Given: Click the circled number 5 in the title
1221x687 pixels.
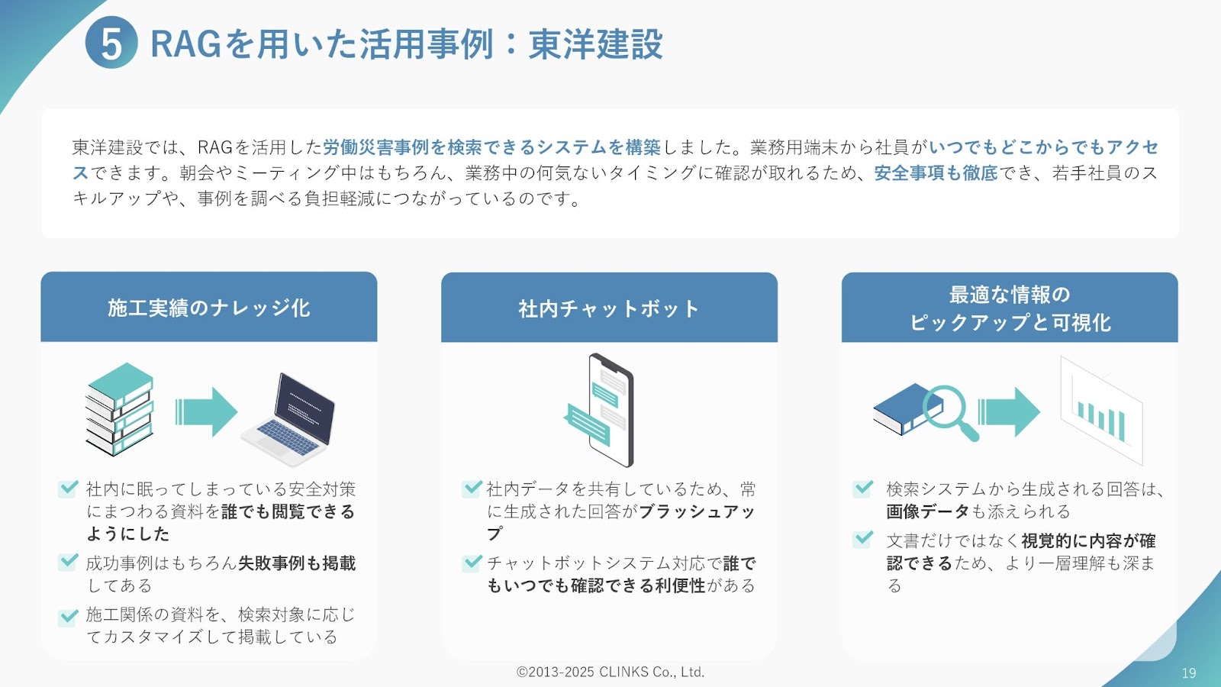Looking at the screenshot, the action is coord(111,43).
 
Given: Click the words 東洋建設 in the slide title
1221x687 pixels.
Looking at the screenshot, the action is coord(596,44).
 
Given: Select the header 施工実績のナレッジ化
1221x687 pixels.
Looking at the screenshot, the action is coord(209,308).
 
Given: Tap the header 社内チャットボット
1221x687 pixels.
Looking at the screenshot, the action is coord(609,308).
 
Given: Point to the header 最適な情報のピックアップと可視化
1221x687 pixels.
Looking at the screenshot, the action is coord(1010,308).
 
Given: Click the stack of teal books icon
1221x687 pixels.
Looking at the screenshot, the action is coord(119,409).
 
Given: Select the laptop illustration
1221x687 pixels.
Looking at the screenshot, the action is coord(288,419).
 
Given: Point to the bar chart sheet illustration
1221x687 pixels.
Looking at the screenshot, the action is coord(1102,411).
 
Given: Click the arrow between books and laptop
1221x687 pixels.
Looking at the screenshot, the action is coord(206,411).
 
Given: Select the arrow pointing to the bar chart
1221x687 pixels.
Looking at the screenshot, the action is coord(1009,411).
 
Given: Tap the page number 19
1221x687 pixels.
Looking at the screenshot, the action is coord(1189,672).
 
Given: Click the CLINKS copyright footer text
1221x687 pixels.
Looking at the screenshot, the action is coord(610,672).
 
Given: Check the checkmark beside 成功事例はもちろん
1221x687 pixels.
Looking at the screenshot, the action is coord(68,562).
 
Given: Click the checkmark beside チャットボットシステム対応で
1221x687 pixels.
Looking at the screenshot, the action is coord(472,562).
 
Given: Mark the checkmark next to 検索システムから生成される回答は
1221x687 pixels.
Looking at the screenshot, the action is coord(863,488).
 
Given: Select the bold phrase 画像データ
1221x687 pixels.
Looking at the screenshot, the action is coord(928,511).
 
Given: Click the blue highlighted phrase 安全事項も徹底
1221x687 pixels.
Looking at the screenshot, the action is coord(936,173).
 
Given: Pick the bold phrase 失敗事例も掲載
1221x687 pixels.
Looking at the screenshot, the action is coord(297,563).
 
